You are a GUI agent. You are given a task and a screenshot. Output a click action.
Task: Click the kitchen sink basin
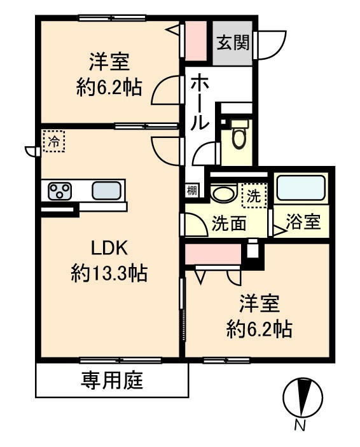point(106,190)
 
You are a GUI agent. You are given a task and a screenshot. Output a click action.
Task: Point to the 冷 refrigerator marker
point(53,141)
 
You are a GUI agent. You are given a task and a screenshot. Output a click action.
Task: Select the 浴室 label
point(303,224)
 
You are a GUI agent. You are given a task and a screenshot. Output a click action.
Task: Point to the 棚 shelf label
point(191,189)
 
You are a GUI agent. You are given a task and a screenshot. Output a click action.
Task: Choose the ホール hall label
point(199,102)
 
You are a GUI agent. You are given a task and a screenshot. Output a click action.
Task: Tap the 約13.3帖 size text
point(109,273)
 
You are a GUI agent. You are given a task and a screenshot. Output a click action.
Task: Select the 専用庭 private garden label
point(112,381)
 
